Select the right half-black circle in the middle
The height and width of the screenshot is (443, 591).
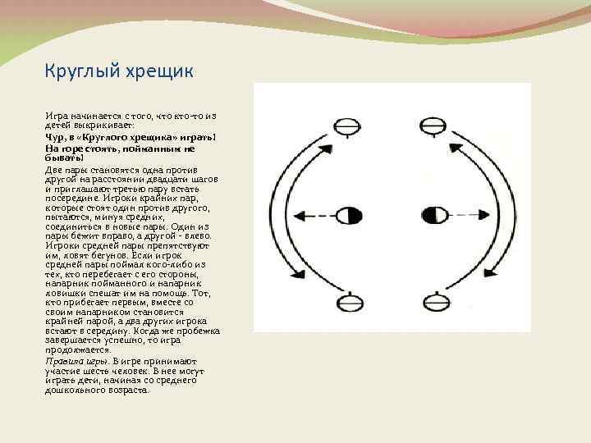433,217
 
